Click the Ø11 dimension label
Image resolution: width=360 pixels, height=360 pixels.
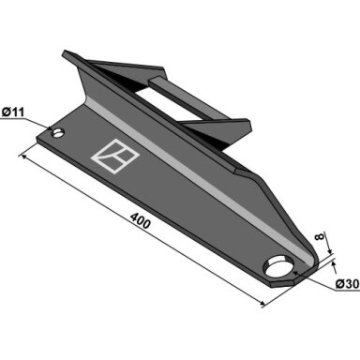click(13, 112)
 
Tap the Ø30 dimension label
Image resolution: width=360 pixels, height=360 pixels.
click(347, 284)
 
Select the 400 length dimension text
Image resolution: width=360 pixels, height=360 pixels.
click(141, 220)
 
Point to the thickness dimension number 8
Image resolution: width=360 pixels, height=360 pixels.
click(319, 236)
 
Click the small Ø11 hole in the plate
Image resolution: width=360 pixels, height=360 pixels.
click(58, 133)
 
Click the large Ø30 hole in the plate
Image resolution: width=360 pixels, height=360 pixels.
click(278, 266)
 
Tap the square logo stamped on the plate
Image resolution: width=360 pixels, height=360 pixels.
click(115, 157)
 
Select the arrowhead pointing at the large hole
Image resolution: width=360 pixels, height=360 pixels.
click(296, 274)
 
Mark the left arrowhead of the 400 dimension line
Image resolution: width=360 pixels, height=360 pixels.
click(23, 157)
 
